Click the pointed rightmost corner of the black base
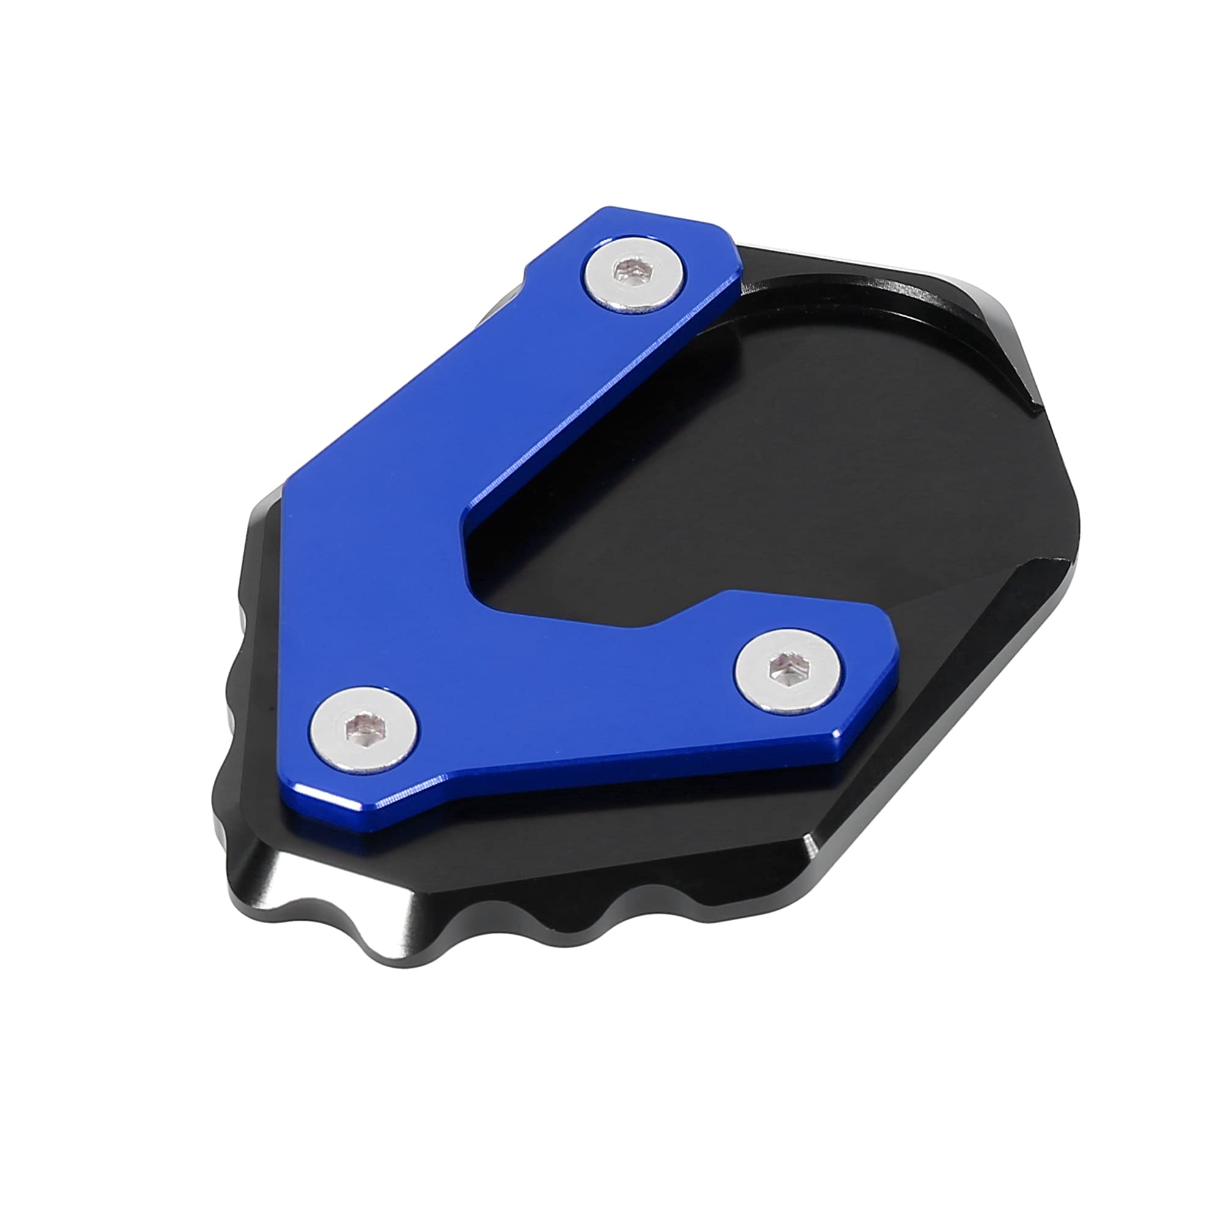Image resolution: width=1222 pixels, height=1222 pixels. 1075,500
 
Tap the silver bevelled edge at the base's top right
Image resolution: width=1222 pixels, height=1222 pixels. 987,298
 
